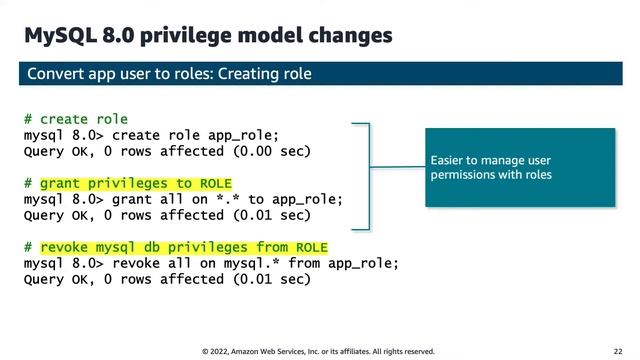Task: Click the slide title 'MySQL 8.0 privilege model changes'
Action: click(208, 36)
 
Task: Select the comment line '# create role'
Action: click(76, 120)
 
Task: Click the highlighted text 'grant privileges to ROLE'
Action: click(135, 183)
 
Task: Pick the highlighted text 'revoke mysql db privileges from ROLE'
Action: click(183, 247)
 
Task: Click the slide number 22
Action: click(619, 351)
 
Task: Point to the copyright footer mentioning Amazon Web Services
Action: click(318, 351)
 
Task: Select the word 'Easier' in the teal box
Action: click(447, 160)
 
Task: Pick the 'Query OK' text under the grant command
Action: click(56, 215)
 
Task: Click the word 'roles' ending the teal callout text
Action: click(536, 175)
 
